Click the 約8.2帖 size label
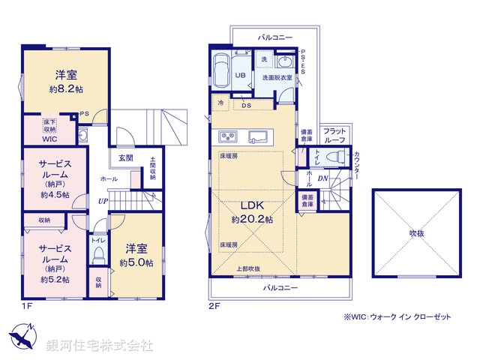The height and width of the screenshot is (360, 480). coord(66,88)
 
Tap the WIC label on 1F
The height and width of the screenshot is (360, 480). coord(49,138)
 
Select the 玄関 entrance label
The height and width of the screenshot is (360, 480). coord(125,158)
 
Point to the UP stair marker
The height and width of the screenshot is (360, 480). coord(101,200)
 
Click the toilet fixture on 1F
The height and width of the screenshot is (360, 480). coord(97,255)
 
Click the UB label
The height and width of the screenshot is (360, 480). coord(241,76)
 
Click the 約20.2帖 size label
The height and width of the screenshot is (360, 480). coord(252,220)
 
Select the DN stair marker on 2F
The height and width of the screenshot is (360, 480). coord(322,178)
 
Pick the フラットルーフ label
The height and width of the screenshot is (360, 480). coord(334,136)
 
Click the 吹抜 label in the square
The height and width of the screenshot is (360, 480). coord(416,233)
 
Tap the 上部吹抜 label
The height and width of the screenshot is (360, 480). coord(247,268)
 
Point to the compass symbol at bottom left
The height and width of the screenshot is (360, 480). coord(21,335)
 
